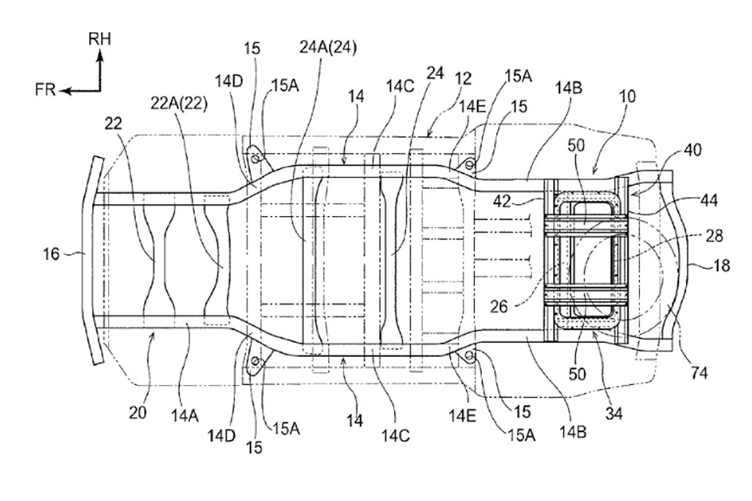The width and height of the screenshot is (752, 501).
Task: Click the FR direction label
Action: (45, 91)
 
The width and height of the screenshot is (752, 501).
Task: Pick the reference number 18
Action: (721, 265)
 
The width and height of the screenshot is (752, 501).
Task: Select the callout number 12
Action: (465, 78)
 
